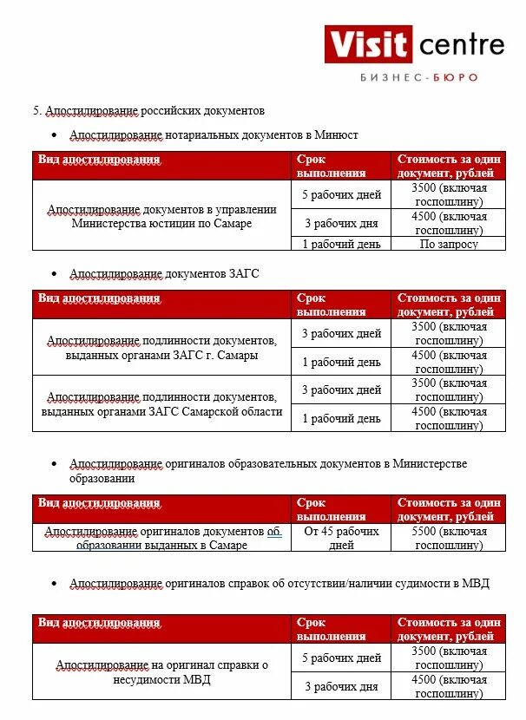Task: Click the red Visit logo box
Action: tap(368, 43)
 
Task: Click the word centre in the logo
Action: tap(460, 43)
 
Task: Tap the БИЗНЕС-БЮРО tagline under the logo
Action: tap(418, 78)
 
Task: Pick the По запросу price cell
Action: tap(449, 244)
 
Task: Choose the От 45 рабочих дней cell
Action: tap(341, 538)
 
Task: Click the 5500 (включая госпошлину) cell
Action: tap(449, 538)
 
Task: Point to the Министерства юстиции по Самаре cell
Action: tap(162, 216)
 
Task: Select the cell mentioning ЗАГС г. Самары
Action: tap(162, 348)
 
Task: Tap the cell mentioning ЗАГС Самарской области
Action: tap(162, 404)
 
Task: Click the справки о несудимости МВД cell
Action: tap(162, 672)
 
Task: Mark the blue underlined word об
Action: tap(273, 531)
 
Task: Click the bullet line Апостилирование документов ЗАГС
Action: tap(164, 273)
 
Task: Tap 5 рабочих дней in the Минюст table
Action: tap(341, 194)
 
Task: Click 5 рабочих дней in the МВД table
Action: tap(341, 658)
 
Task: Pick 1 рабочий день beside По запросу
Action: tap(341, 244)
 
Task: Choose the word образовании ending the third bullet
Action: tap(102, 478)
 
